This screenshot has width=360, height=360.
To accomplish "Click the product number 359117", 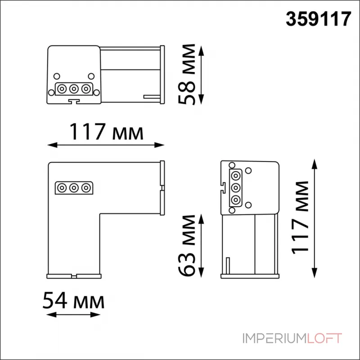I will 319,19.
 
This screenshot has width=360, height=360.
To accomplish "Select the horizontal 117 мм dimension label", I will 106,132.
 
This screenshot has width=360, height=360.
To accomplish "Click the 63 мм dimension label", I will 187,246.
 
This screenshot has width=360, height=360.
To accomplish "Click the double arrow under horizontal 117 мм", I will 106,145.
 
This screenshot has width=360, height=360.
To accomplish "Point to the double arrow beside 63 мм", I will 202,246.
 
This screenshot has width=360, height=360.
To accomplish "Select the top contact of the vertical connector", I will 234,175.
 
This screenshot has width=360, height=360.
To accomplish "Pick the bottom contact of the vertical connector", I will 234,199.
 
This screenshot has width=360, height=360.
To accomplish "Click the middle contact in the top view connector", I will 74,88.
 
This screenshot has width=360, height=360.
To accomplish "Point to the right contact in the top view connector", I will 85,88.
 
